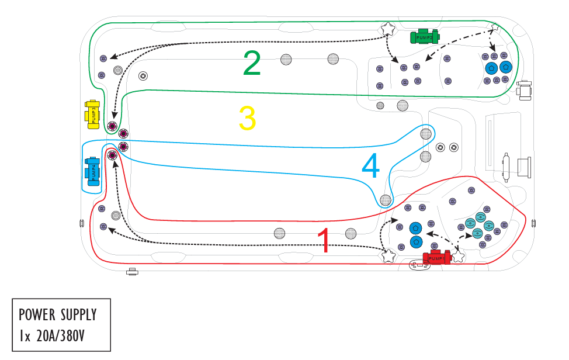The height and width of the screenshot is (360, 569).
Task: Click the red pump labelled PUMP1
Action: (436, 257)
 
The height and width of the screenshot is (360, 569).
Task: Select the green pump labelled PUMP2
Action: (425, 37)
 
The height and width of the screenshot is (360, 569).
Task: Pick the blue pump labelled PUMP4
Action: (92, 171)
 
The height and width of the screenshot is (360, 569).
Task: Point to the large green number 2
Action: (252, 63)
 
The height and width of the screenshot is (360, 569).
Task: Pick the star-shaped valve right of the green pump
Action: (494, 27)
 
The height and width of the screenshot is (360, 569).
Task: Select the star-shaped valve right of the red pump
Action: (458, 255)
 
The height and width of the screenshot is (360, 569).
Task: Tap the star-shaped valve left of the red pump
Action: (387, 255)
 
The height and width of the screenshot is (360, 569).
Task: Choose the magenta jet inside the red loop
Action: (113, 155)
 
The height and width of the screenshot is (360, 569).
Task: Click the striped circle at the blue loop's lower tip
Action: (385, 200)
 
